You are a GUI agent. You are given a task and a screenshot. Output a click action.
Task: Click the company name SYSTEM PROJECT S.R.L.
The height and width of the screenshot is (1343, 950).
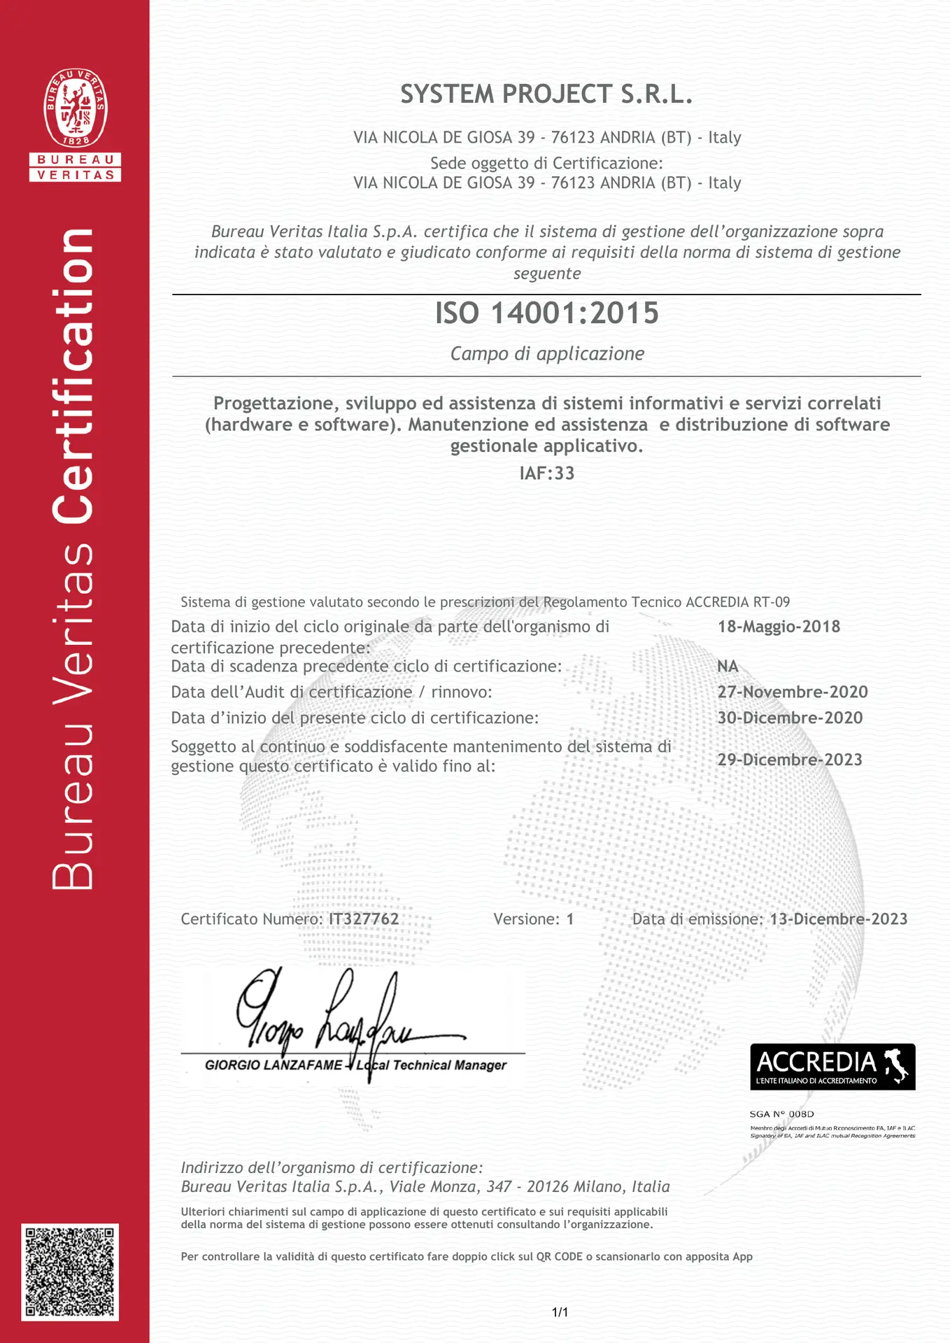[546, 94]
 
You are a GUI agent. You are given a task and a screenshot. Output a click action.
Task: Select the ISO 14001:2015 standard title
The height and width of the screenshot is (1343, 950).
[546, 313]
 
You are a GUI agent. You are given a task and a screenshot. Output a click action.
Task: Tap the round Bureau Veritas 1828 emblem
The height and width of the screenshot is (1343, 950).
[76, 108]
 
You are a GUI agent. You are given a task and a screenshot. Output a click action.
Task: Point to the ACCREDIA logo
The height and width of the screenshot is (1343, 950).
[832, 1067]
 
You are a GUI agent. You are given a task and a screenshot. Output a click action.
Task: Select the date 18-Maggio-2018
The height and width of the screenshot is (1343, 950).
[779, 627]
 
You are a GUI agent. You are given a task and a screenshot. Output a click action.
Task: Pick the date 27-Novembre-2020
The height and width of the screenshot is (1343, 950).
[793, 692]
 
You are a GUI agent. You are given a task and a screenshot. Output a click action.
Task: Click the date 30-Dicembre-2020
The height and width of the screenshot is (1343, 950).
[790, 718]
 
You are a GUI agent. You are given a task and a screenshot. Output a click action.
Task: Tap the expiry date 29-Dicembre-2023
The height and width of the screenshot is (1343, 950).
[790, 760]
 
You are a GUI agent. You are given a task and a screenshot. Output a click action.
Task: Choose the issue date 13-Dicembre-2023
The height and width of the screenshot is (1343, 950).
[838, 919]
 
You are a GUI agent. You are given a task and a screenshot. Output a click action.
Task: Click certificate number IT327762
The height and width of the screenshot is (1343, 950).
[364, 919]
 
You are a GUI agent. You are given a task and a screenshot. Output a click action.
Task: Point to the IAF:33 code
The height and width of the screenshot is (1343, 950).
[546, 474]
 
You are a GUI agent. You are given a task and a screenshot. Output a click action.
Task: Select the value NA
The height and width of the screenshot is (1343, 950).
[728, 667]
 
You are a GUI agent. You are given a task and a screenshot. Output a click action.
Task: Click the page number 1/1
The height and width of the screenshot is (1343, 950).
[560, 1312]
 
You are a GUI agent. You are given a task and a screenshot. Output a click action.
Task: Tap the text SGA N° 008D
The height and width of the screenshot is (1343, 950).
[781, 1114]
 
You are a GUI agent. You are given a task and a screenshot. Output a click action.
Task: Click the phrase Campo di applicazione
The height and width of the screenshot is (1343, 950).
[546, 354]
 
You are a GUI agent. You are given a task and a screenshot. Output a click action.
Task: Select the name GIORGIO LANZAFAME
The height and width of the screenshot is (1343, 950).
[274, 1065]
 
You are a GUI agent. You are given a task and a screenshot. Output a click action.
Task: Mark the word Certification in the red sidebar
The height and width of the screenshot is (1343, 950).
[73, 376]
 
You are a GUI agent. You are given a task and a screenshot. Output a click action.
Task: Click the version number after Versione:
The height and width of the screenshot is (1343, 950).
[570, 919]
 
